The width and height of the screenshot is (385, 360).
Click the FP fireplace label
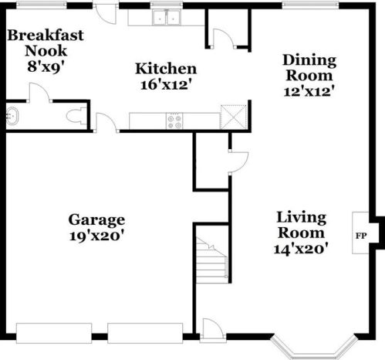361,236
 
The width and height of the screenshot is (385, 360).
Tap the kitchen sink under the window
167,17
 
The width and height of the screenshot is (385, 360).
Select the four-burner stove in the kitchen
174,121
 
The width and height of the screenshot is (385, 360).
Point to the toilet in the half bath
76,117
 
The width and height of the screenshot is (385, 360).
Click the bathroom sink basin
12,117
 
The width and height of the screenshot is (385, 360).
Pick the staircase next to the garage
211,260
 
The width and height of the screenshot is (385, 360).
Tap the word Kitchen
166,69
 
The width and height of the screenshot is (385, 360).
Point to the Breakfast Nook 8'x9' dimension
46,67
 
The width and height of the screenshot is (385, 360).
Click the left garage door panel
54,333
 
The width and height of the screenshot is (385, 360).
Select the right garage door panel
145,333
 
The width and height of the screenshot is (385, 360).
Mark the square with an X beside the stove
234,117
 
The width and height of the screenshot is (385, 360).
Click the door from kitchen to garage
106,123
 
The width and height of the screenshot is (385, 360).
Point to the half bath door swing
40,92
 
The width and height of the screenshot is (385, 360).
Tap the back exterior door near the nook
105,14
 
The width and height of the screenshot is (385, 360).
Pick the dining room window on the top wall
310,5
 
